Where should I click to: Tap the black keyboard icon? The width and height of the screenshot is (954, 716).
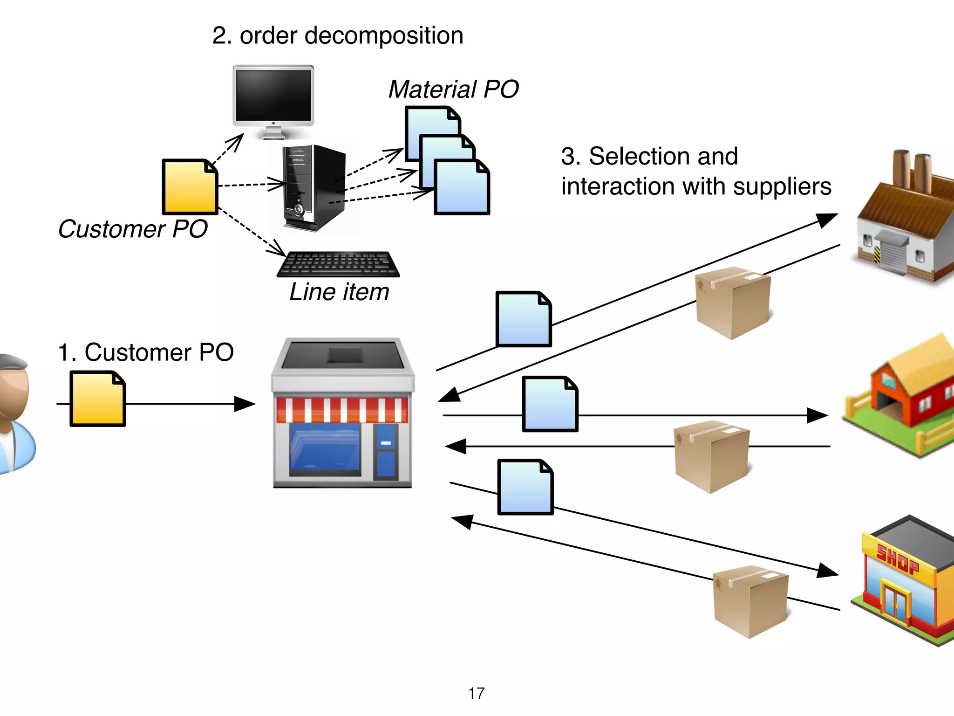pos(339,264)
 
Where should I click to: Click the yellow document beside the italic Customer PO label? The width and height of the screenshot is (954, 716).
pos(190,187)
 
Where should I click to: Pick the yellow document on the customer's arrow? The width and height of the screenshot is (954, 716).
pos(97,399)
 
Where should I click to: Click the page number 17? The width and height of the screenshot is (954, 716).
pos(476,693)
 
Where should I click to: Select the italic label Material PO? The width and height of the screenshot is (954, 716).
pos(453,89)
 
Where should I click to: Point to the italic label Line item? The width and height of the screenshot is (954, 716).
pos(339,292)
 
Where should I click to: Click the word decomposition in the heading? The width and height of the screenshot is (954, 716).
pos(383,36)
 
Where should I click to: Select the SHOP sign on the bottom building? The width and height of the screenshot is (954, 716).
pos(897,559)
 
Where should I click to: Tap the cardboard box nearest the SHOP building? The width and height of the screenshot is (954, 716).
pos(750,601)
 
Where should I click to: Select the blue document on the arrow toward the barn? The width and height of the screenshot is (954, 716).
pos(550,404)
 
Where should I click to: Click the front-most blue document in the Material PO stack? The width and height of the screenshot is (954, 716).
pos(462,187)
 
